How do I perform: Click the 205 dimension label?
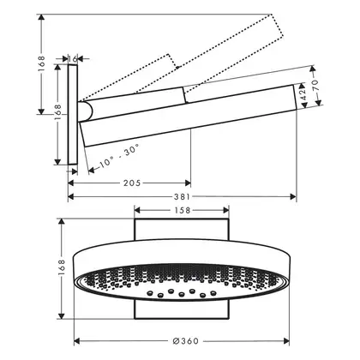point(132,183)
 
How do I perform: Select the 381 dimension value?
point(182,197)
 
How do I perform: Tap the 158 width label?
point(183,211)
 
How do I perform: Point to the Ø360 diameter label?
point(186,341)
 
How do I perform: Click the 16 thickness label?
point(73,59)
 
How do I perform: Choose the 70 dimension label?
point(315,85)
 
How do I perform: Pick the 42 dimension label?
point(303,94)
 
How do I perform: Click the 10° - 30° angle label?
point(119,156)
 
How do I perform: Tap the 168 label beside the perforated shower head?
point(62,267)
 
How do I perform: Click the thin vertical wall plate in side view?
point(73,115)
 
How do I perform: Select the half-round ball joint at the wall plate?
point(86,111)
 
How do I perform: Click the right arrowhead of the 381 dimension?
point(293,196)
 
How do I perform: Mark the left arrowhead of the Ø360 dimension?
point(77,341)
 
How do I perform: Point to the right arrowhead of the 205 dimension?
point(188,183)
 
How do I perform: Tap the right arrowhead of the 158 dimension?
point(226,211)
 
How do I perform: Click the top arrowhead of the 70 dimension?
point(312,69)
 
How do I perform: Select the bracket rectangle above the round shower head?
point(182,230)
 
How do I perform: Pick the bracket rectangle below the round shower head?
point(182,309)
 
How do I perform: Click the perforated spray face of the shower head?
point(182,282)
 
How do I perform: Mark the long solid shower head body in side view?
point(189,116)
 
